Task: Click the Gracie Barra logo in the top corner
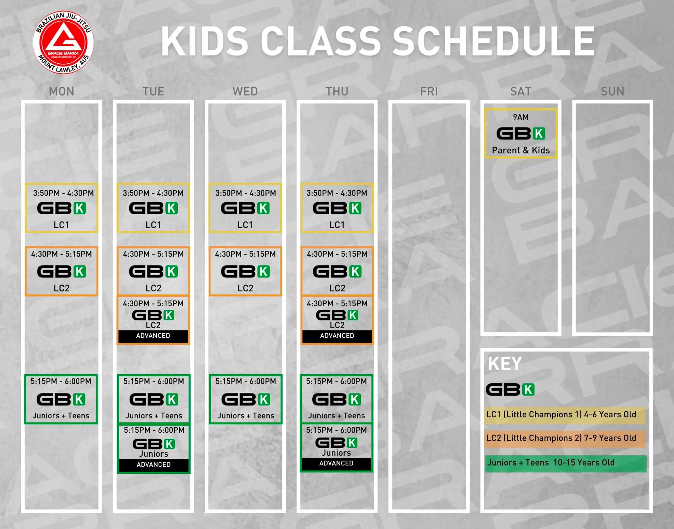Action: [63, 42]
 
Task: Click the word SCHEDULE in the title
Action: [494, 41]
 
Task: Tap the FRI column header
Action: [429, 91]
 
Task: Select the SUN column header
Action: [612, 91]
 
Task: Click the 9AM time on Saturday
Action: [521, 117]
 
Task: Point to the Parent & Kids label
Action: [521, 150]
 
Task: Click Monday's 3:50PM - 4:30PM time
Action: [63, 193]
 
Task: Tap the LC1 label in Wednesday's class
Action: [245, 225]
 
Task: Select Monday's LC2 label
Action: [62, 288]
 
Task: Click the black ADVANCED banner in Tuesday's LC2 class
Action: [153, 336]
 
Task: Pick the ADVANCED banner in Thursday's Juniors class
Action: [336, 463]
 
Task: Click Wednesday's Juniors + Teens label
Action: [246, 416]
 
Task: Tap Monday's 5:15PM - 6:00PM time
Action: [61, 381]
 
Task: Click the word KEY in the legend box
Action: [505, 364]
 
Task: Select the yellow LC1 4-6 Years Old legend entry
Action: [564, 415]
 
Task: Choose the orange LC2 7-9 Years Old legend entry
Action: [564, 439]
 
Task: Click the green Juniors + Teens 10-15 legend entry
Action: [565, 463]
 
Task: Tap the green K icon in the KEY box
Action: [528, 390]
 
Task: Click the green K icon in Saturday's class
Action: [539, 134]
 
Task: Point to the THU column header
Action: [337, 91]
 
